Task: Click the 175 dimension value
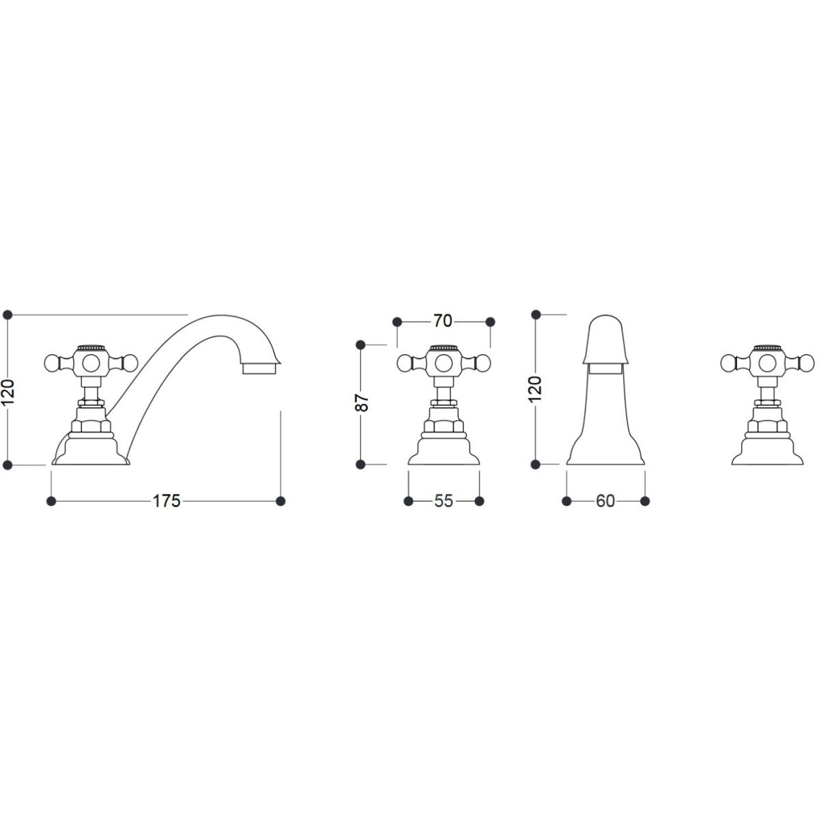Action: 167,501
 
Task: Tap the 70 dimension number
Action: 443,321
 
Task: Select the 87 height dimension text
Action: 363,403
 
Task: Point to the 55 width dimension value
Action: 444,501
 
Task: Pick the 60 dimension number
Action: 605,501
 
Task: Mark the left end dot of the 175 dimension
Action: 51,501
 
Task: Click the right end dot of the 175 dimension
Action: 281,501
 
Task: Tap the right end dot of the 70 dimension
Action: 490,321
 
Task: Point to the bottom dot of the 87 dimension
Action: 361,464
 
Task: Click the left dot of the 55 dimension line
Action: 408,501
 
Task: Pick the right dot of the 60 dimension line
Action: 645,501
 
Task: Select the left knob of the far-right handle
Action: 729,362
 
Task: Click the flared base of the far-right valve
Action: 764,455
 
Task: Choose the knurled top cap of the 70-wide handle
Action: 443,348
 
